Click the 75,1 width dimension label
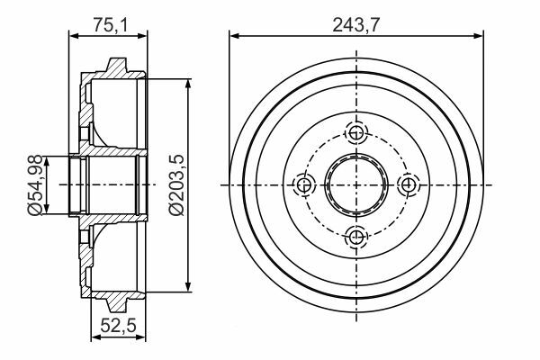111,25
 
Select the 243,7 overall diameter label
356,25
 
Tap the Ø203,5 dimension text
176,185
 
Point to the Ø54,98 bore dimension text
36,185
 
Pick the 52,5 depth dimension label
119,325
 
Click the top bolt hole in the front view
356,132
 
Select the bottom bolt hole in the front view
356,237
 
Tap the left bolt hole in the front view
304,185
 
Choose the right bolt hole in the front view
409,185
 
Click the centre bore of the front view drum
356,185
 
